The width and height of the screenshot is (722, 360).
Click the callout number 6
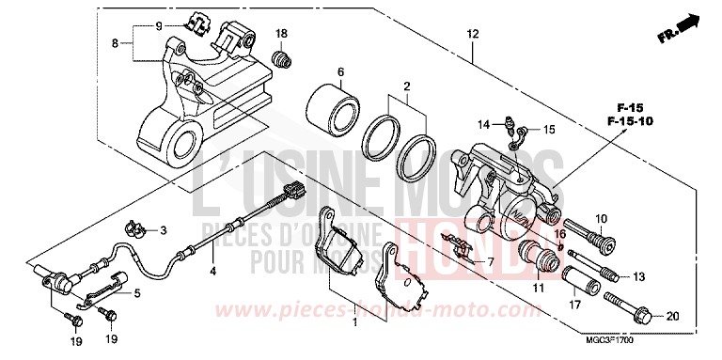coord(340,72)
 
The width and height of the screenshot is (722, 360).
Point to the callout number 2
coord(408,86)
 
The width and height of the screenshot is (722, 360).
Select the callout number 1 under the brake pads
coord(355,322)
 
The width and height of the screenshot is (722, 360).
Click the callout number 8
coord(115,42)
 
